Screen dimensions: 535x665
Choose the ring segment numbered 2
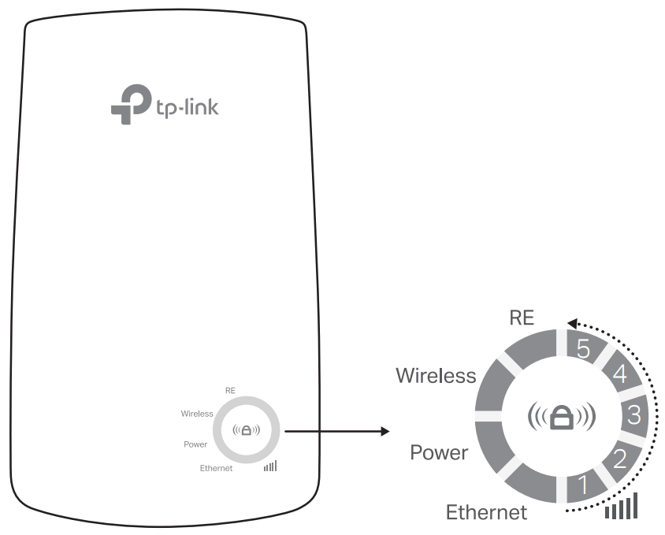tap(619, 458)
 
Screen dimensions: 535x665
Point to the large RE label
tap(522, 318)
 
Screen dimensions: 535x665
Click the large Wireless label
tap(436, 375)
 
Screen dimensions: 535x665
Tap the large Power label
tap(439, 453)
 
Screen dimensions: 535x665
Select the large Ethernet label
tap(486, 512)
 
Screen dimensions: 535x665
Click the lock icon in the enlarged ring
tap(561, 417)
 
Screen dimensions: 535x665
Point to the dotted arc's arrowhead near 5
tap(572, 322)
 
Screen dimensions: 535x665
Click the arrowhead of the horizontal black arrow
tap(385, 431)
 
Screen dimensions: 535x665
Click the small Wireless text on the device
tap(197, 413)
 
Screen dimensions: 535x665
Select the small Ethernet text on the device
tap(216, 468)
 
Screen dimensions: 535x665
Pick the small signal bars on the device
tap(271, 466)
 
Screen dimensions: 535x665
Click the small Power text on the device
tap(195, 444)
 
